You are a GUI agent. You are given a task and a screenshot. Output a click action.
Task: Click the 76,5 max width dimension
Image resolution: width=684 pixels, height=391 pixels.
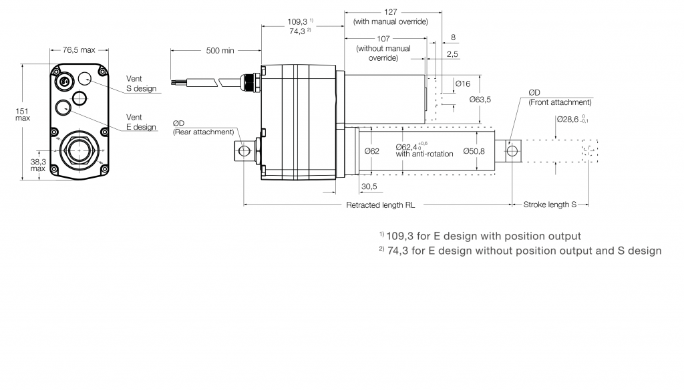[x=79, y=50]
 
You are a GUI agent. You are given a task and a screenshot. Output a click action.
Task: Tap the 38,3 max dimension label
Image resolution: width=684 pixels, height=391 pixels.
[x=37, y=164]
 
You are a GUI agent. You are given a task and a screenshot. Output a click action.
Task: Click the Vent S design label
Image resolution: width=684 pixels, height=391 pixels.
[x=141, y=84]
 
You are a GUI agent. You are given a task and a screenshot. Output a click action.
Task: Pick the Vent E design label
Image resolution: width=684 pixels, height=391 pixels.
[x=141, y=122]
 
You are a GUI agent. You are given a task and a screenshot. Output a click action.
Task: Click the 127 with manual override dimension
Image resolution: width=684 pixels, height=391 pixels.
[x=391, y=17]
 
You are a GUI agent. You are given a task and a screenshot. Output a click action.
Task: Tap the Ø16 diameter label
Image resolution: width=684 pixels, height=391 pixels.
[x=463, y=84]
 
